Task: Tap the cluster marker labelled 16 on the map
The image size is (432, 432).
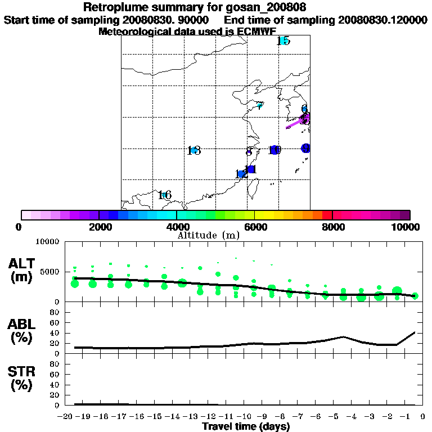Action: (x=164, y=195)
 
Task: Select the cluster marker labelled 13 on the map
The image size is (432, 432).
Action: (x=194, y=150)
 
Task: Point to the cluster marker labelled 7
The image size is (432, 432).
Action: (x=260, y=105)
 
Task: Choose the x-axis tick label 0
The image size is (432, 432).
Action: (x=421, y=417)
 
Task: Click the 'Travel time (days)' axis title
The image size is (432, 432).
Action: (x=246, y=426)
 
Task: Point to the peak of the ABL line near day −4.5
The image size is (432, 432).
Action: (x=343, y=337)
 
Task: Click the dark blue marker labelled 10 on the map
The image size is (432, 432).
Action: (x=274, y=150)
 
